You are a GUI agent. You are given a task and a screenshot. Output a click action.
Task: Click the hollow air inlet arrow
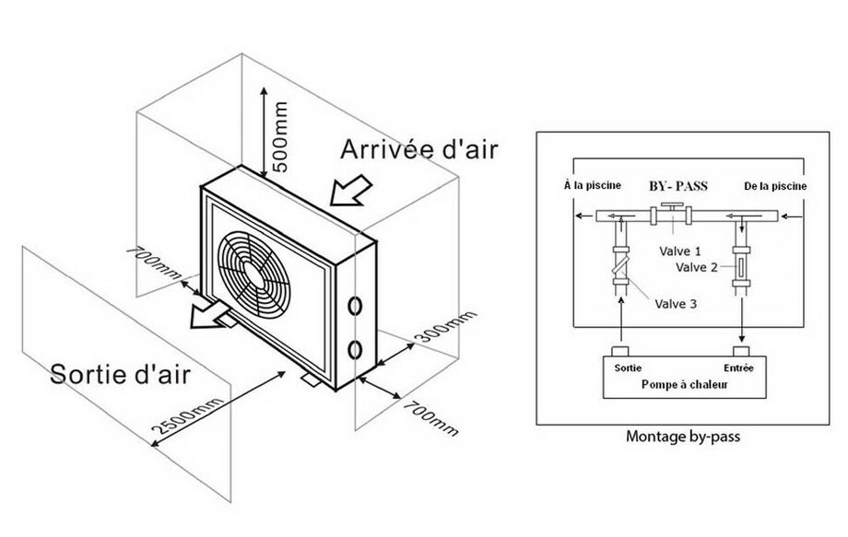[x=350, y=194]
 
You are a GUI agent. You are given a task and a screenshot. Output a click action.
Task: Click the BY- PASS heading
[x=678, y=185]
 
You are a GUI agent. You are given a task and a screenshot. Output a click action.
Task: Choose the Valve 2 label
[x=699, y=268]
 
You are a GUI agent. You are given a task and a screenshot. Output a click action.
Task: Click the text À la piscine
[x=592, y=185]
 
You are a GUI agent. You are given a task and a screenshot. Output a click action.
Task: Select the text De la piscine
[x=775, y=186]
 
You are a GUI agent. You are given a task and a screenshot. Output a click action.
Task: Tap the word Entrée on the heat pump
[x=739, y=367]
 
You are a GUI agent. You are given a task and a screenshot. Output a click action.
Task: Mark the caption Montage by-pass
[x=684, y=437]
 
